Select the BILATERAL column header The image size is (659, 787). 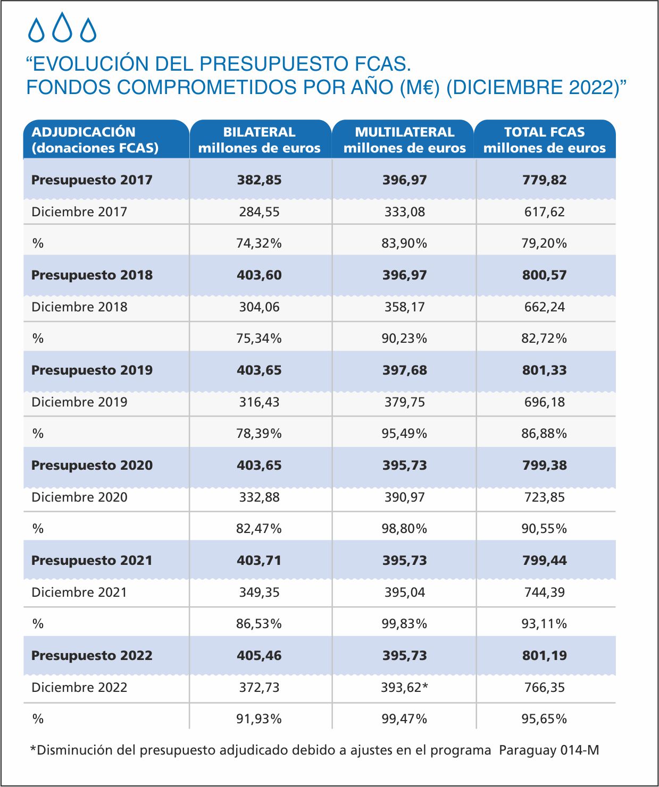[260, 140]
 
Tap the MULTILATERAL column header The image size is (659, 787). [405, 140]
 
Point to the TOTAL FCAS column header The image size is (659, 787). [544, 140]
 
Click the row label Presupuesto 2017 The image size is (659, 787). [92, 180]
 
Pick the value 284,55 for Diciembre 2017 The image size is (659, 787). [259, 212]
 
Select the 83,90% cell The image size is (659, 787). [404, 243]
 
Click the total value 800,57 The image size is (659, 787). [544, 275]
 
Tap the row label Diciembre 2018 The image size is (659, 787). [79, 307]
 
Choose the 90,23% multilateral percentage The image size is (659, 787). [404, 338]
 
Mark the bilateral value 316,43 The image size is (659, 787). [259, 402]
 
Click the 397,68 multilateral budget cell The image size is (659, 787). [405, 370]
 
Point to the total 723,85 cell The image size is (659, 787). [544, 497]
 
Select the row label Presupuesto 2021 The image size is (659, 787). [92, 561]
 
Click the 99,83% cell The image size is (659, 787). [404, 624]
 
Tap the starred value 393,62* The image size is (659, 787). [404, 688]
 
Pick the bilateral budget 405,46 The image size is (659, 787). [259, 655]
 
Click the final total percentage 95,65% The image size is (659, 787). [544, 719]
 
